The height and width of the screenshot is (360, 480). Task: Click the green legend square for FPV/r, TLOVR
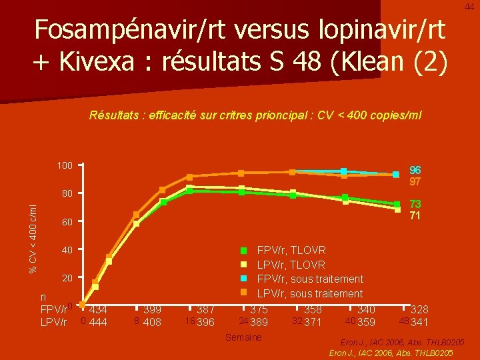243,250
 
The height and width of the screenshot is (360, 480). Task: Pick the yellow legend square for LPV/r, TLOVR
243,265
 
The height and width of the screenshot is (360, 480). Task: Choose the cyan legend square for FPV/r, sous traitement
243,279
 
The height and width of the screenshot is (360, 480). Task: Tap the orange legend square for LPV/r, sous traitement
243,293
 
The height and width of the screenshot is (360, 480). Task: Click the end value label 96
415,170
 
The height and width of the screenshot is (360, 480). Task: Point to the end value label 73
415,204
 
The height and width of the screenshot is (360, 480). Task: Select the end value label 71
415,216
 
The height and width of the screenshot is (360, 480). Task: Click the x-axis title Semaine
244,338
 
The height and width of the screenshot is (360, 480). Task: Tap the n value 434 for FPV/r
98,310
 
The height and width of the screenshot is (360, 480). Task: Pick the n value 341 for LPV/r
419,323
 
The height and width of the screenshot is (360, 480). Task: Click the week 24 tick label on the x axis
243,321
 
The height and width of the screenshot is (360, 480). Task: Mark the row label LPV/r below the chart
53,323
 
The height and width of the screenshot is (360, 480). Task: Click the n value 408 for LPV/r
152,323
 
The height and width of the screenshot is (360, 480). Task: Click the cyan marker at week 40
344,172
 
